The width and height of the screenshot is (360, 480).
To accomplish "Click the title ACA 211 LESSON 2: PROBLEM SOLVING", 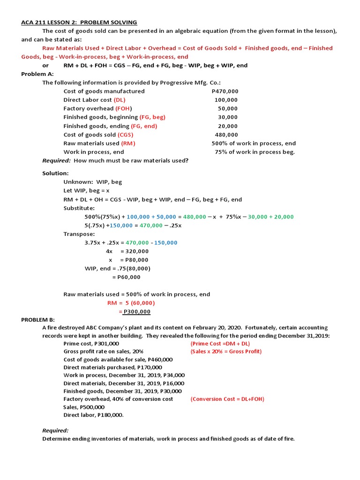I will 79,22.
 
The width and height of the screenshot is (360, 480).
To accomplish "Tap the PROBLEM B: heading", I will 38,319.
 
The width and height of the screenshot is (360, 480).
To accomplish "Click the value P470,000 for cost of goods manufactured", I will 225,91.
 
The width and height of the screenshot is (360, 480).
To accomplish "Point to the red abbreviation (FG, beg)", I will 152,117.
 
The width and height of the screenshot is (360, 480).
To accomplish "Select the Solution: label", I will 55,173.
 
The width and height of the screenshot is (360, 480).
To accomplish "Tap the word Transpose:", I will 79,234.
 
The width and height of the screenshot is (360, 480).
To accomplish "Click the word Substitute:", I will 79,208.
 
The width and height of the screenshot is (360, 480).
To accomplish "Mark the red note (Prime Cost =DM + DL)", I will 220,344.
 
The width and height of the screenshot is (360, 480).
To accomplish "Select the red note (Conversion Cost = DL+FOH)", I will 227,399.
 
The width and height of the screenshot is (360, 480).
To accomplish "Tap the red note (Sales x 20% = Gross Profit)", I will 226,352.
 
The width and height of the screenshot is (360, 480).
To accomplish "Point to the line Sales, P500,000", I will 84,407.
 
